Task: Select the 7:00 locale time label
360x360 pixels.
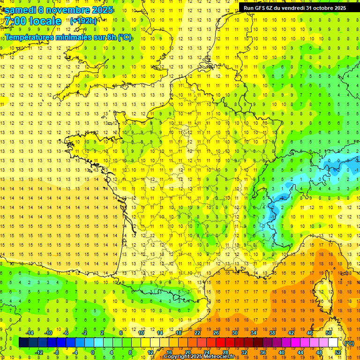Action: tap(33, 21)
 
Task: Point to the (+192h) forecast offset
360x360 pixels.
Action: tap(83, 21)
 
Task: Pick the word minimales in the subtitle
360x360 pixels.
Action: tap(78, 37)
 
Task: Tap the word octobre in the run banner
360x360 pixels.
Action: tap(320, 7)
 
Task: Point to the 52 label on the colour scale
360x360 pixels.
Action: tap(338, 352)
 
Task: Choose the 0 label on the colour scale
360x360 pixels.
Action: tap(93, 352)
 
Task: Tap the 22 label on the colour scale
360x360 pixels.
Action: tap(197, 333)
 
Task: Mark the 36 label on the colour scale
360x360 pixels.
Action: tap(263, 352)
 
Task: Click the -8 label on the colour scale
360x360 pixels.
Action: tap(57, 352)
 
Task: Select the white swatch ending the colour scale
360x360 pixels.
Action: tap(333, 343)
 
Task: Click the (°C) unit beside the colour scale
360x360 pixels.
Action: tap(349, 343)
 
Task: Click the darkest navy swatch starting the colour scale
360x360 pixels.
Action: tap(23, 343)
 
